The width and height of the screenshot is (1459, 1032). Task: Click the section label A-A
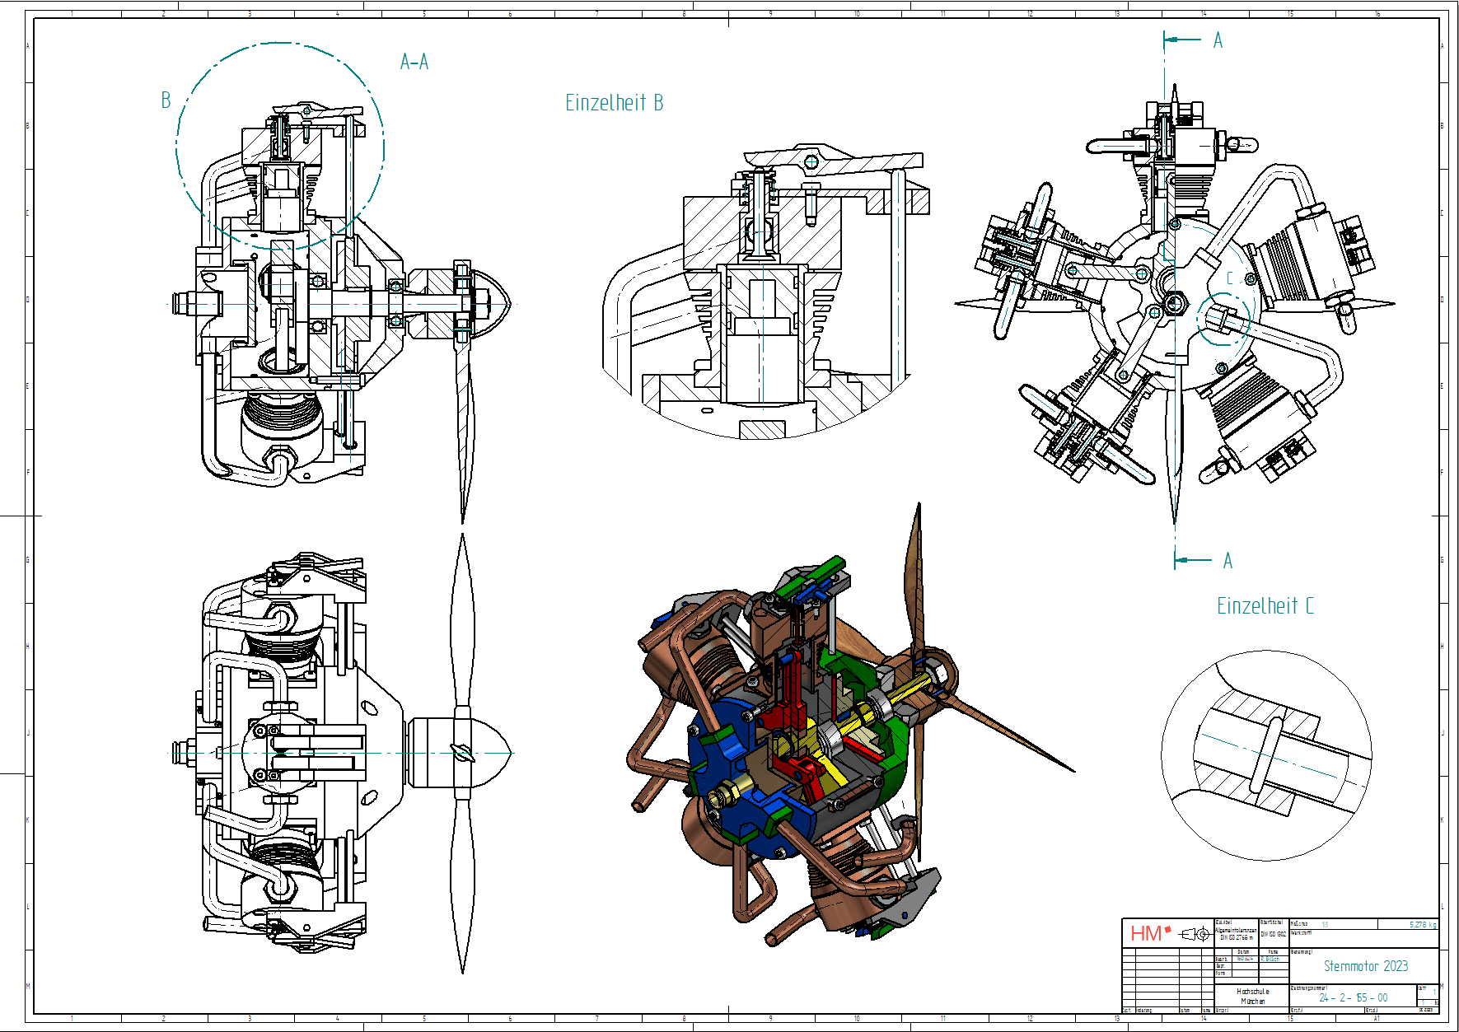pos(414,62)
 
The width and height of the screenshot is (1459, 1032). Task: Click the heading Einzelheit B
pos(614,103)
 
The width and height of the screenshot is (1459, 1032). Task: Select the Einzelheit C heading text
pos(1265,606)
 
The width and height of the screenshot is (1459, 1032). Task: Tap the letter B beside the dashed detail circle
pos(166,100)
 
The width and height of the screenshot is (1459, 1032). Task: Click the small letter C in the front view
pos(1230,278)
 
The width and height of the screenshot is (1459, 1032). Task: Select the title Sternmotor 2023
pos(1365,966)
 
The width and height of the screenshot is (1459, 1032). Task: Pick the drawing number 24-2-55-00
pos(1353,997)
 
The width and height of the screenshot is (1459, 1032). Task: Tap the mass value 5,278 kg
pos(1423,925)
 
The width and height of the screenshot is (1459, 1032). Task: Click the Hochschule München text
pos(1252,997)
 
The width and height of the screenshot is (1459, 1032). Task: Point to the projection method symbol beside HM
pos(1195,934)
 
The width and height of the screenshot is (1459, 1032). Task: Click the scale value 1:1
pos(1325,925)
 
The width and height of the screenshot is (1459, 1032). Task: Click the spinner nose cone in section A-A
pos(494,303)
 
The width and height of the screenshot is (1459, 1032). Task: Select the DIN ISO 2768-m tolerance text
pos(1236,937)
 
